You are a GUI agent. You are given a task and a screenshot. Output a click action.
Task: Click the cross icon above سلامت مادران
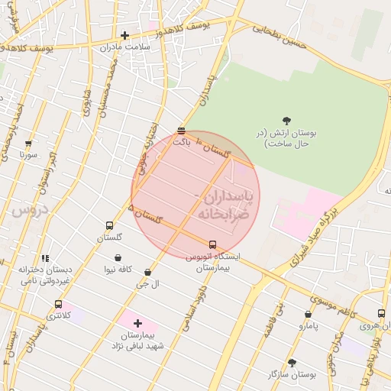[x=124, y=35]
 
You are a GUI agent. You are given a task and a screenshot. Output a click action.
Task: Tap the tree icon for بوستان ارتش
[x=286, y=120]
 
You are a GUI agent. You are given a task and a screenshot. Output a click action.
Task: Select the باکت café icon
[x=180, y=131]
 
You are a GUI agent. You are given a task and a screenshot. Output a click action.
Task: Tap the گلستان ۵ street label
[x=146, y=214]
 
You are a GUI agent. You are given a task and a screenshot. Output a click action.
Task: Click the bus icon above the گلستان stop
[x=109, y=226]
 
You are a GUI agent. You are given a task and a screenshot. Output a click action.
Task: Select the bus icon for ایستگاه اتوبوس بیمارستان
[x=212, y=245]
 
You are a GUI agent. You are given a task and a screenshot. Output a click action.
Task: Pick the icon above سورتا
[x=29, y=143]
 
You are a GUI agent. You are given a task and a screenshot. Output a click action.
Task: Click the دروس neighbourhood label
[x=31, y=208]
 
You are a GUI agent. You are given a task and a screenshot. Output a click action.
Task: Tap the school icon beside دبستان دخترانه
[x=45, y=258]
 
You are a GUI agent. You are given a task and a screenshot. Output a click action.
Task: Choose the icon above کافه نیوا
[x=118, y=258]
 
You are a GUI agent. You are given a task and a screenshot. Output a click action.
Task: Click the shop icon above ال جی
[x=147, y=272]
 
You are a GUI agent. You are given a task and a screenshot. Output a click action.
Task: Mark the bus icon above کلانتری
[x=58, y=303]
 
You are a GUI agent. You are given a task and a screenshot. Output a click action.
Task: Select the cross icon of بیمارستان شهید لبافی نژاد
[x=137, y=323]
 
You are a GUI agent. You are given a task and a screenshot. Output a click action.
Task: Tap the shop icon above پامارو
[x=308, y=314]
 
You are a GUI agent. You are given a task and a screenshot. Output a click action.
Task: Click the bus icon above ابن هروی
[x=380, y=313]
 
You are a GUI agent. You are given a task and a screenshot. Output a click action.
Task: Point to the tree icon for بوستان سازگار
[x=292, y=363]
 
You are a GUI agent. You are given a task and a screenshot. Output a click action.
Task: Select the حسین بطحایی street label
[x=280, y=36]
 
